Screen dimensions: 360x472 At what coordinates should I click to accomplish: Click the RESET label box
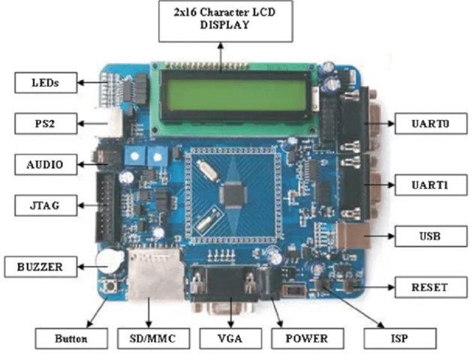pos(429,287)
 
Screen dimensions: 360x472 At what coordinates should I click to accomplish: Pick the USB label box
pos(429,236)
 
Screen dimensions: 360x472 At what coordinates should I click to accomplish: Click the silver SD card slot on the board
pos(155,274)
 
